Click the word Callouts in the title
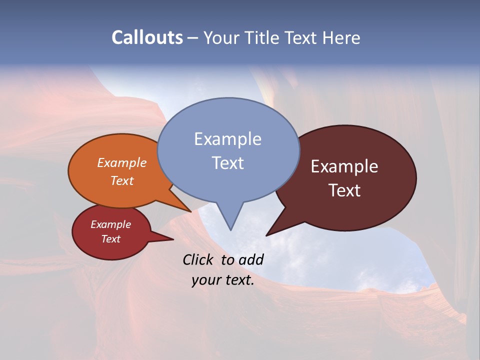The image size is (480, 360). pos(147,37)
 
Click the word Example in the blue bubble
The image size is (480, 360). pos(227,139)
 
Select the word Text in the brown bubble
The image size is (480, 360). pos(344,190)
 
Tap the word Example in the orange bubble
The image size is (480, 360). pos(121,163)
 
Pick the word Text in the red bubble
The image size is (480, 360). pos(110,239)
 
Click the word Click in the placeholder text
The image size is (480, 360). pos(199,259)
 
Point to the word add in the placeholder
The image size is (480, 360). pos(250,259)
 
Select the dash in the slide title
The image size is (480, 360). pos(193,38)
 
